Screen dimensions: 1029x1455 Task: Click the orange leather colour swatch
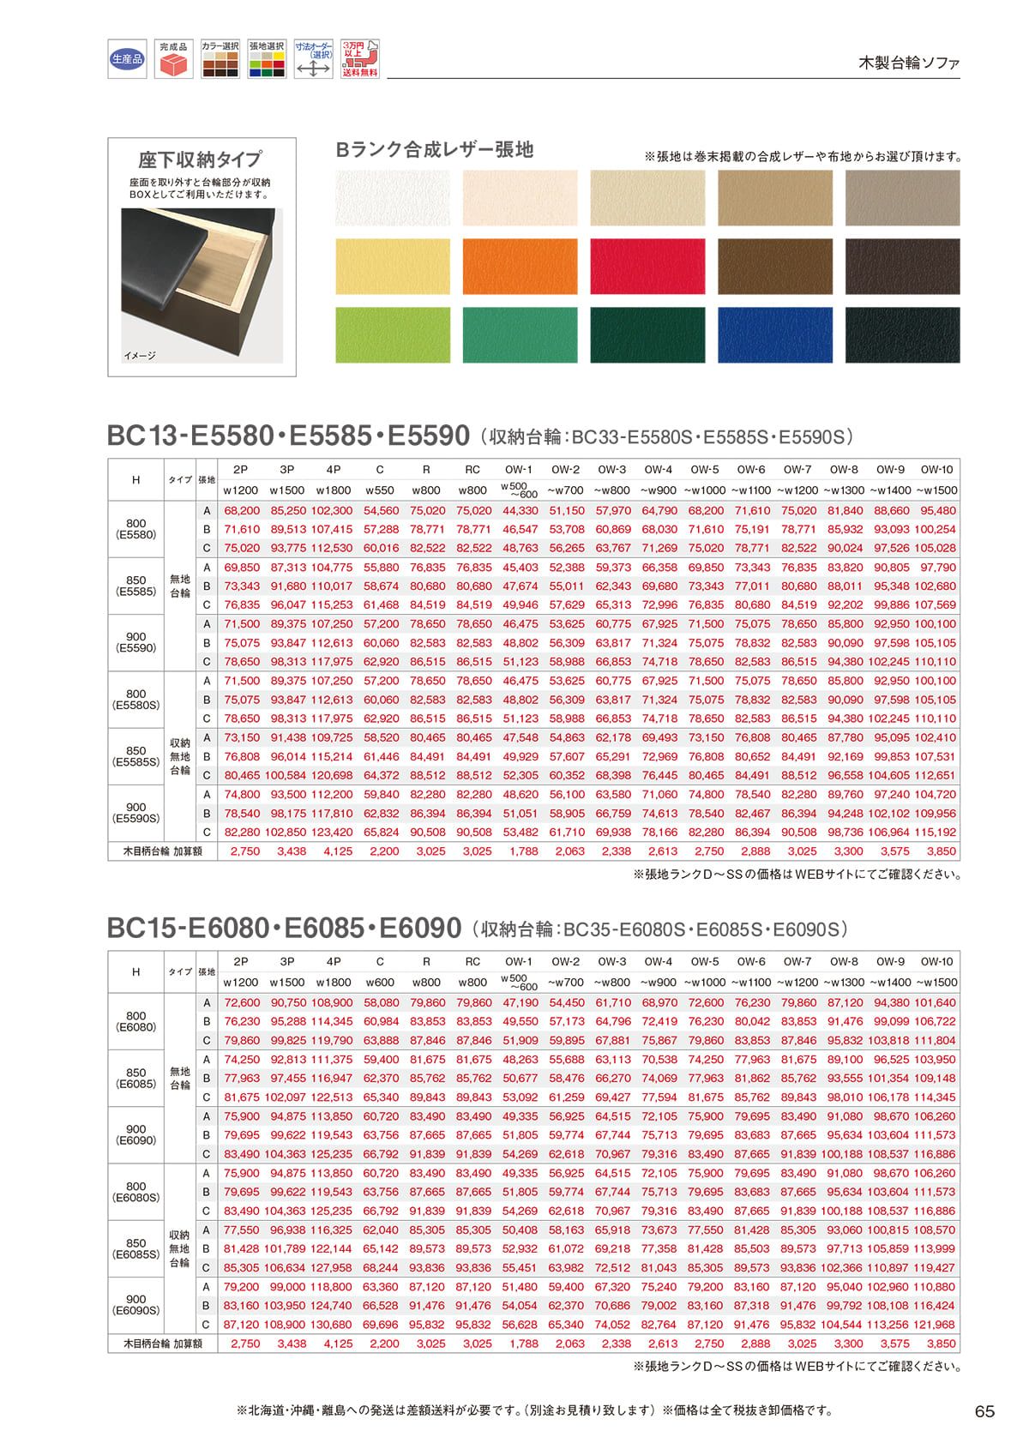click(520, 267)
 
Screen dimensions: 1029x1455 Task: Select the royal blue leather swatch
click(774, 335)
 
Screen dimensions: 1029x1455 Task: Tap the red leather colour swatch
click(647, 267)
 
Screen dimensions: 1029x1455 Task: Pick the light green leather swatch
click(392, 335)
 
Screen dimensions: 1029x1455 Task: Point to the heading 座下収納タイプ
click(201, 159)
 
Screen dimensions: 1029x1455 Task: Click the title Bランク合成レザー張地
click(435, 150)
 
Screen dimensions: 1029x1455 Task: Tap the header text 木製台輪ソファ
click(909, 63)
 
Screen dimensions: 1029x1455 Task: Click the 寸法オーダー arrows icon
click(313, 59)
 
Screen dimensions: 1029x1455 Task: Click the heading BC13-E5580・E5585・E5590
click(288, 436)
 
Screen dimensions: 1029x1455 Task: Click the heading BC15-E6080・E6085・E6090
click(284, 928)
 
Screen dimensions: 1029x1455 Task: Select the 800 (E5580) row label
click(135, 529)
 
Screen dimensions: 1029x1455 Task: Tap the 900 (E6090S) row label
click(135, 1305)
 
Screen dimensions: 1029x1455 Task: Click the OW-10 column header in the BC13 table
click(936, 470)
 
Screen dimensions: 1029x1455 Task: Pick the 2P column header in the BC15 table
click(241, 962)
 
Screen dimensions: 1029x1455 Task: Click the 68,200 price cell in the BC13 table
click(241, 511)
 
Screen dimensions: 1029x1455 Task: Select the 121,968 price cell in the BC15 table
click(936, 1325)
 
